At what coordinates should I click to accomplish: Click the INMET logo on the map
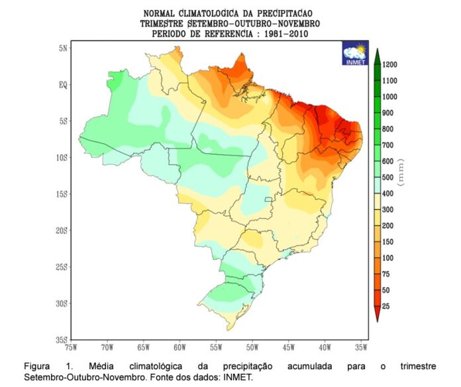(354, 53)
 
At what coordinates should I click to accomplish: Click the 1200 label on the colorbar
(389, 65)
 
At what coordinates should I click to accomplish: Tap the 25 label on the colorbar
(385, 306)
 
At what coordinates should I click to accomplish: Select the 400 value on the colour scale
(387, 194)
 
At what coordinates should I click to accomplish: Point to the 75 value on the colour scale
(385, 274)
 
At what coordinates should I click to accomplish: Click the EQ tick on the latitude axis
(62, 85)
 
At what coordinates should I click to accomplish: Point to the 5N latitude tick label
(62, 48)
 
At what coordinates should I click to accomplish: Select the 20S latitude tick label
(61, 230)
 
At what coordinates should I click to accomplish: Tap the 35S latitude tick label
(61, 339)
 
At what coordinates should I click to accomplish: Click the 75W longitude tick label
(72, 346)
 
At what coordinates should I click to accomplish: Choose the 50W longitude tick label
(252, 346)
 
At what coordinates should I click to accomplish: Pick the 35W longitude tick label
(361, 346)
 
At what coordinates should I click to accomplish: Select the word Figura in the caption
(37, 366)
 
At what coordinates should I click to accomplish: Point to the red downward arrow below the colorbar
(376, 317)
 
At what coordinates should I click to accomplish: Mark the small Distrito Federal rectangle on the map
(268, 199)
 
